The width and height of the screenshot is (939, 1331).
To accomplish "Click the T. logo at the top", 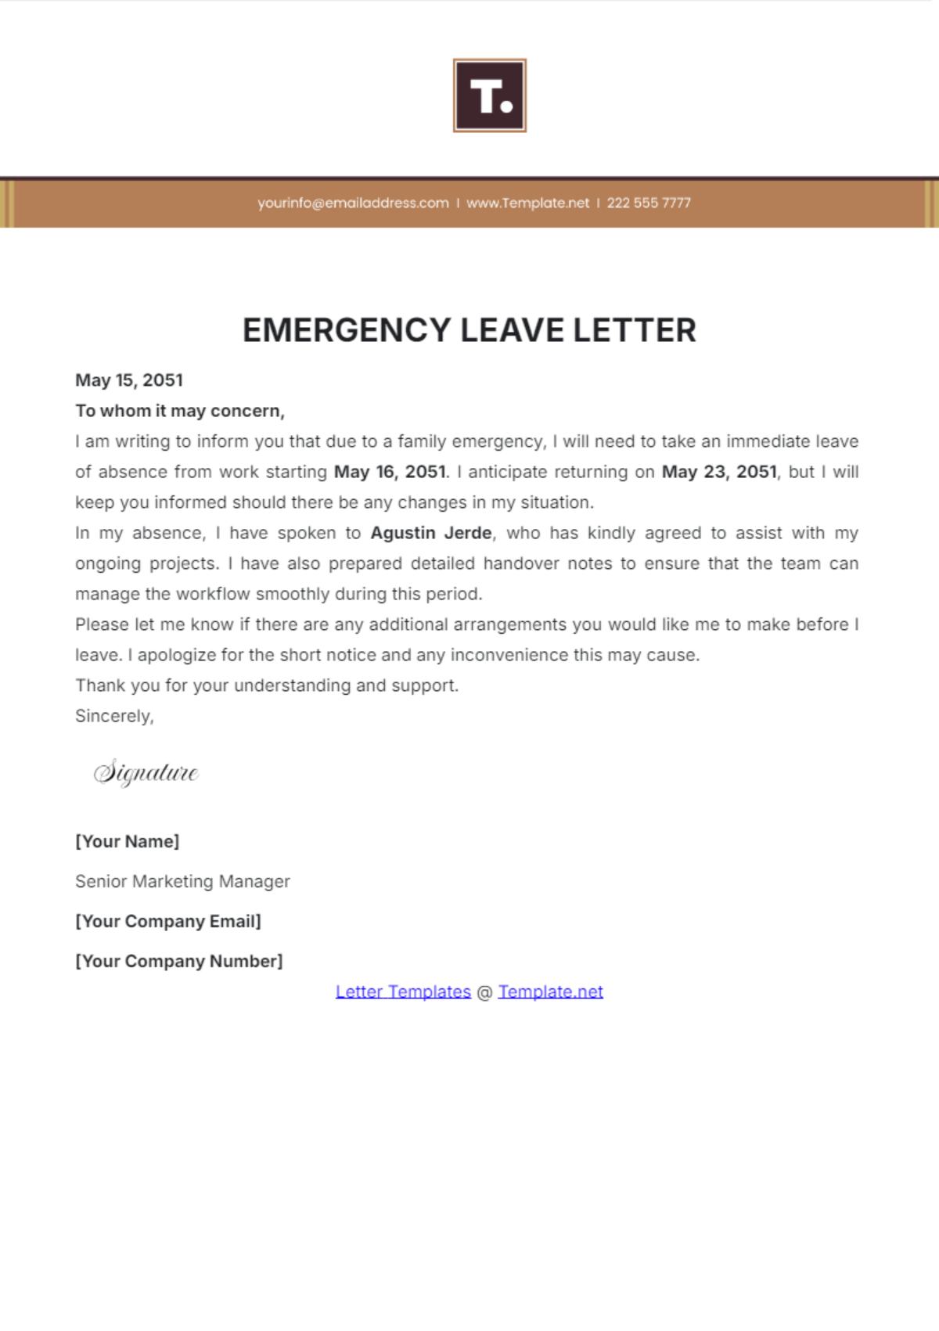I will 489,95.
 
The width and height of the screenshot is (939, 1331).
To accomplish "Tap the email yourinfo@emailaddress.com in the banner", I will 353,203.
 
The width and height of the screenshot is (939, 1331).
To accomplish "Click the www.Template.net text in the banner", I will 527,203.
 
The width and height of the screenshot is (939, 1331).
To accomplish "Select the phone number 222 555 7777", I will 649,203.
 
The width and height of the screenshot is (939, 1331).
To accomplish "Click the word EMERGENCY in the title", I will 347,330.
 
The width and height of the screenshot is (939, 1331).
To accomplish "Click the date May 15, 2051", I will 129,380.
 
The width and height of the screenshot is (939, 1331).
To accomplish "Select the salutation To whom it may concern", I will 179,411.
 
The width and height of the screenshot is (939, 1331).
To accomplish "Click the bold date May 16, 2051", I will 390,472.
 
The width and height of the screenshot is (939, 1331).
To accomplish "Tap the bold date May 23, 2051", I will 719,472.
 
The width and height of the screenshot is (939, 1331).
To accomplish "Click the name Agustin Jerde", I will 431,533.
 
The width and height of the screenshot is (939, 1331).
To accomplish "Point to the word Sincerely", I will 113,716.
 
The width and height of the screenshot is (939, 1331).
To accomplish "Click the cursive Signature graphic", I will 146,772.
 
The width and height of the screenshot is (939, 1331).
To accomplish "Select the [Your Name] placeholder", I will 127,841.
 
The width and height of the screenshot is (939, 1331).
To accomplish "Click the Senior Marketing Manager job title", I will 182,881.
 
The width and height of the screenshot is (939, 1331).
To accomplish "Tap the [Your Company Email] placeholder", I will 167,921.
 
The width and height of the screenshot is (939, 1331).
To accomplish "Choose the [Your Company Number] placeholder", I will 178,961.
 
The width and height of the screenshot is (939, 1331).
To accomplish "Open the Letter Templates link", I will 403,991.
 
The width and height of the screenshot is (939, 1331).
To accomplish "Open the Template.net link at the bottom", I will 550,991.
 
